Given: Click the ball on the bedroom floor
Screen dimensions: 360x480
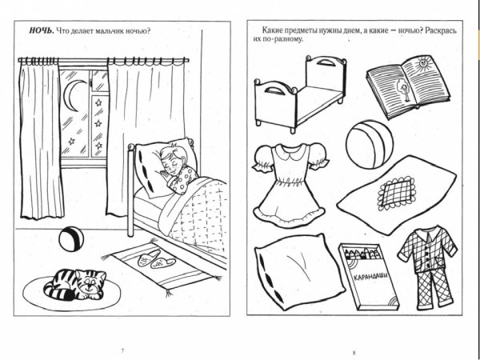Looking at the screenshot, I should pos(68,237).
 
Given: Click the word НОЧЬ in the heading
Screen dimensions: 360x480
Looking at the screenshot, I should pos(40,31).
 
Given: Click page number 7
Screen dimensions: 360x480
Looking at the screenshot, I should pos(122,351).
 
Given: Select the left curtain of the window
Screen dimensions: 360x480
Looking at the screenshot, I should pos(40,140).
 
